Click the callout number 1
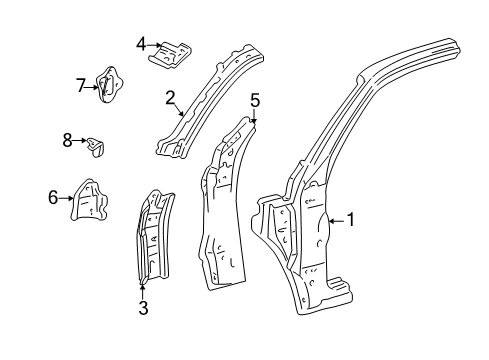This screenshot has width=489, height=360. (x=351, y=220)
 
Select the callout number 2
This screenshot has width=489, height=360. (x=171, y=97)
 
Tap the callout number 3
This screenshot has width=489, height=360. (x=143, y=308)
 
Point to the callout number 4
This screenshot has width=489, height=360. (x=141, y=43)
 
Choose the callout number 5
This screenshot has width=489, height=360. (x=255, y=99)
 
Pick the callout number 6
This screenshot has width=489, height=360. (x=54, y=197)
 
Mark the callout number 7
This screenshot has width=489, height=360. (x=81, y=85)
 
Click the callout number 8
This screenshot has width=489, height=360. (x=68, y=140)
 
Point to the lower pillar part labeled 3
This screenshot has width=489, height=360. (x=151, y=240)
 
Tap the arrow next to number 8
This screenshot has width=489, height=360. (x=82, y=142)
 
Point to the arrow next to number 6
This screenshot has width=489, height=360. (x=68, y=198)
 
